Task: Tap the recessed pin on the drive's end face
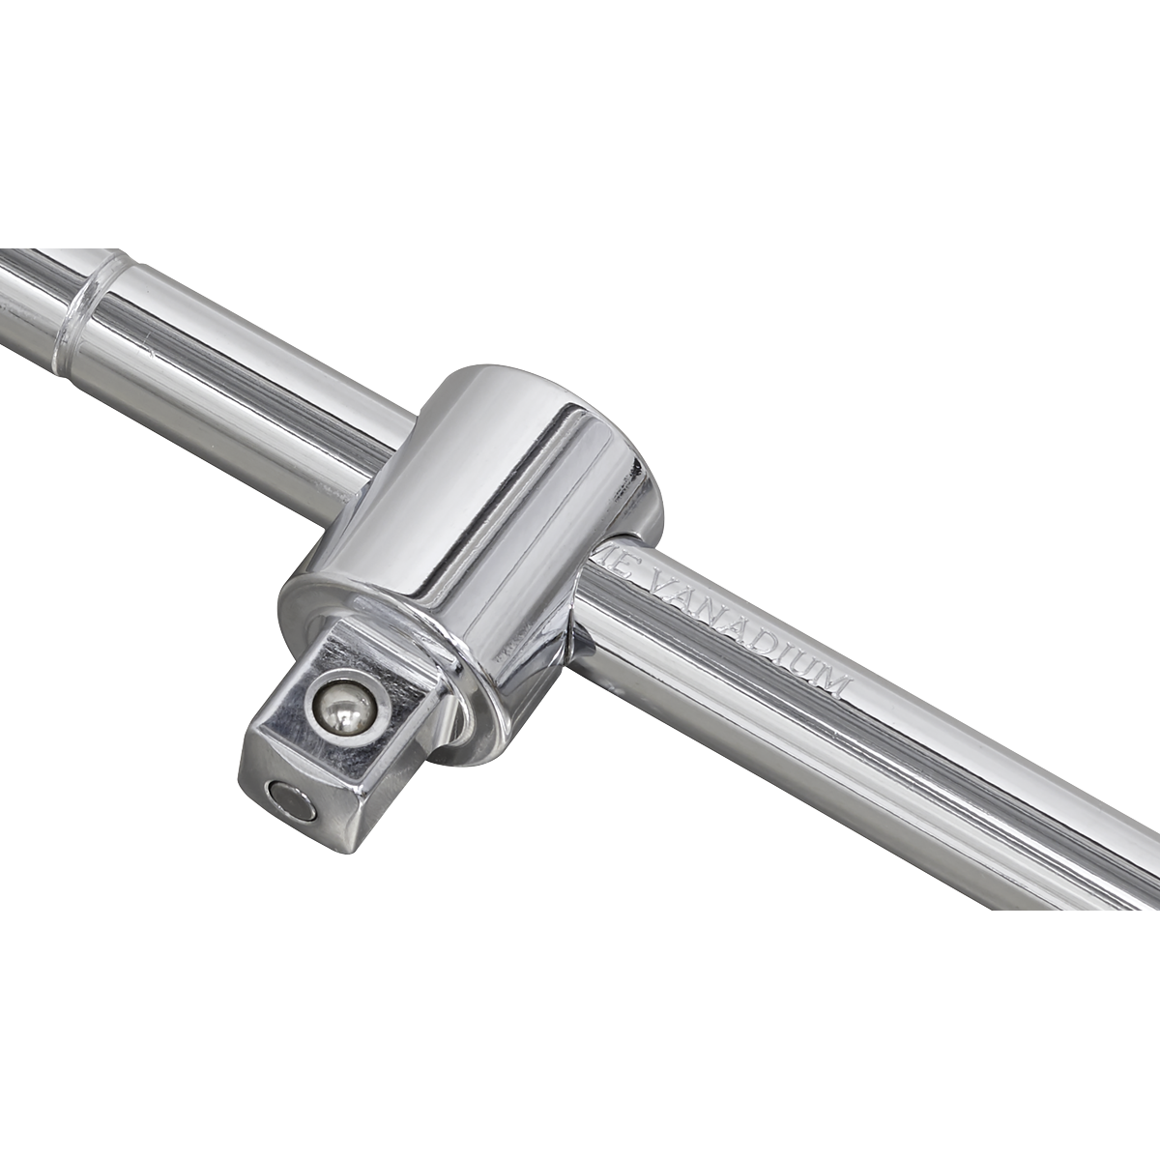tap(288, 800)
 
